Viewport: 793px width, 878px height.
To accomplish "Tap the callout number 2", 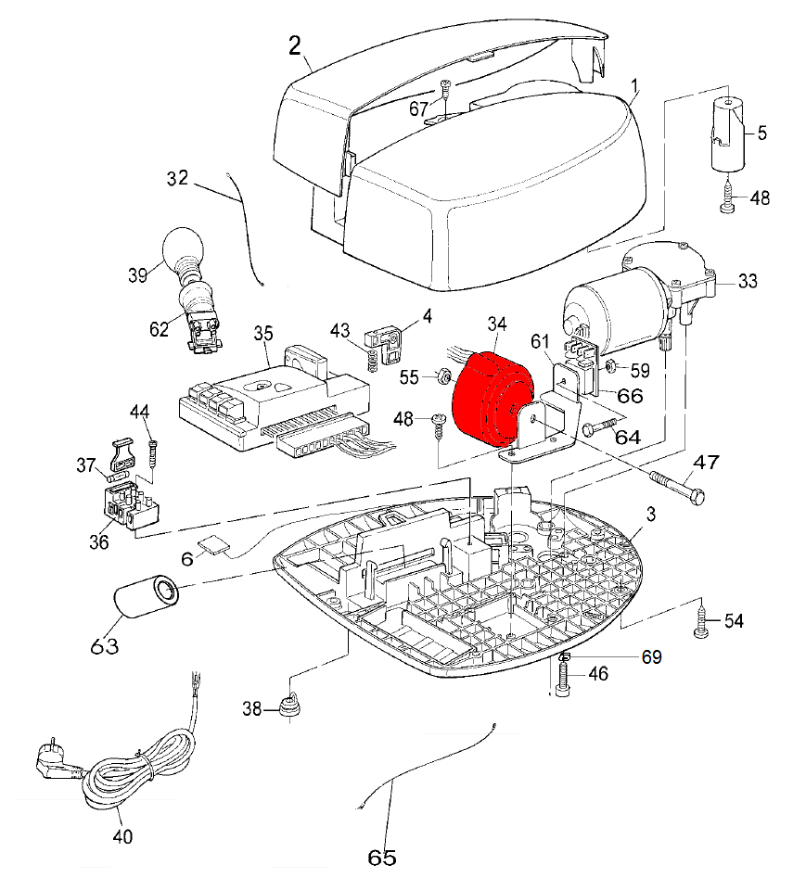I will point(294,45).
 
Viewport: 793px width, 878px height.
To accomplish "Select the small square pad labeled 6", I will point(214,547).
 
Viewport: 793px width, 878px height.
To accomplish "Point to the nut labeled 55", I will point(443,376).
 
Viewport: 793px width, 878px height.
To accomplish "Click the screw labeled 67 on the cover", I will point(447,93).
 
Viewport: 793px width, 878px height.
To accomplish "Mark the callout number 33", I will point(748,281).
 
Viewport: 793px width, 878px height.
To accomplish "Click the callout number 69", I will point(650,657).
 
